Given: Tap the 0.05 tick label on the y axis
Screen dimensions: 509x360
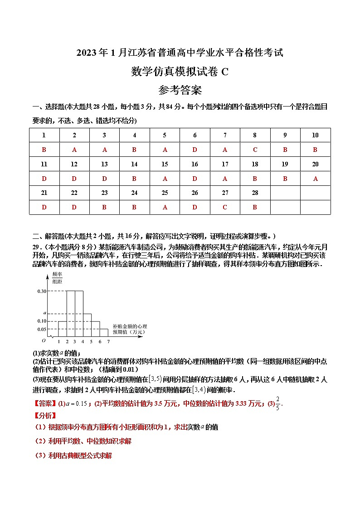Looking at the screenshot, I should tap(41, 330).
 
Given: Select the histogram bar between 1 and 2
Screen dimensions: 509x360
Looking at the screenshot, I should tap(62, 329).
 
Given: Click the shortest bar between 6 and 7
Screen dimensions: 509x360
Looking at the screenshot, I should tap(103, 333).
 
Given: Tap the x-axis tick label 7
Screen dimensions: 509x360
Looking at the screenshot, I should tap(108, 342).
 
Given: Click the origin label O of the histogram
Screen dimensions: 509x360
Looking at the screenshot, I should tap(44, 340).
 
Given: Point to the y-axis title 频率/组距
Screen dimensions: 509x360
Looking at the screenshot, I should tap(57, 277).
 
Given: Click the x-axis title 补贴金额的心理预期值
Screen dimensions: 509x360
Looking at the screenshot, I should tap(130, 329).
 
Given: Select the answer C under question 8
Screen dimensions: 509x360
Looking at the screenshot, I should tap(255, 150).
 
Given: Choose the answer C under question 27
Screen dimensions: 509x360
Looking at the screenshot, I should tap(225, 207).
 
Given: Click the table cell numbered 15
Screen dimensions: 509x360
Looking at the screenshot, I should tap(165, 164).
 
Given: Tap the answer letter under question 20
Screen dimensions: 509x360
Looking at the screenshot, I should tap(315, 179).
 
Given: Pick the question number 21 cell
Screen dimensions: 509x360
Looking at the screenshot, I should tap(44, 193).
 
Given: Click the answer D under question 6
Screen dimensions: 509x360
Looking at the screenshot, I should tap(195, 150).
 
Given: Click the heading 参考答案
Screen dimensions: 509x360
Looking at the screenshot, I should tap(180, 90).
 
